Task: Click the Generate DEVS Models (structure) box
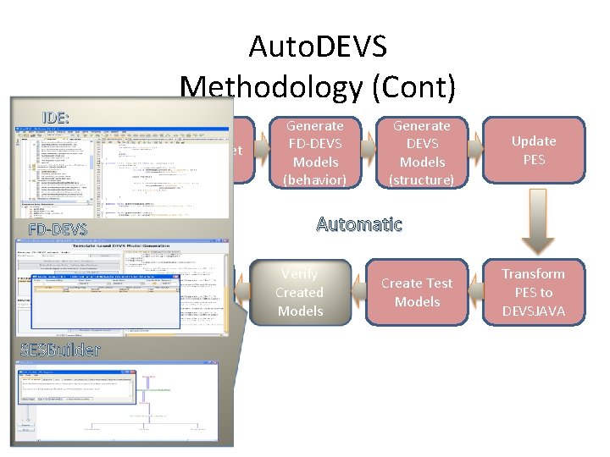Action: point(421,152)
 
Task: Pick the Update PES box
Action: point(533,151)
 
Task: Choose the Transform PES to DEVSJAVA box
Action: point(533,293)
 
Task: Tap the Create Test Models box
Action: point(417,293)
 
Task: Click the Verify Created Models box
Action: point(299,293)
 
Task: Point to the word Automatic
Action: point(359,224)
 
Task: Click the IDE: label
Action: point(56,117)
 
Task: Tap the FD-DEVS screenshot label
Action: point(58,229)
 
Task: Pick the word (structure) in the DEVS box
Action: point(421,179)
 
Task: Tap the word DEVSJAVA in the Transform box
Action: point(533,311)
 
